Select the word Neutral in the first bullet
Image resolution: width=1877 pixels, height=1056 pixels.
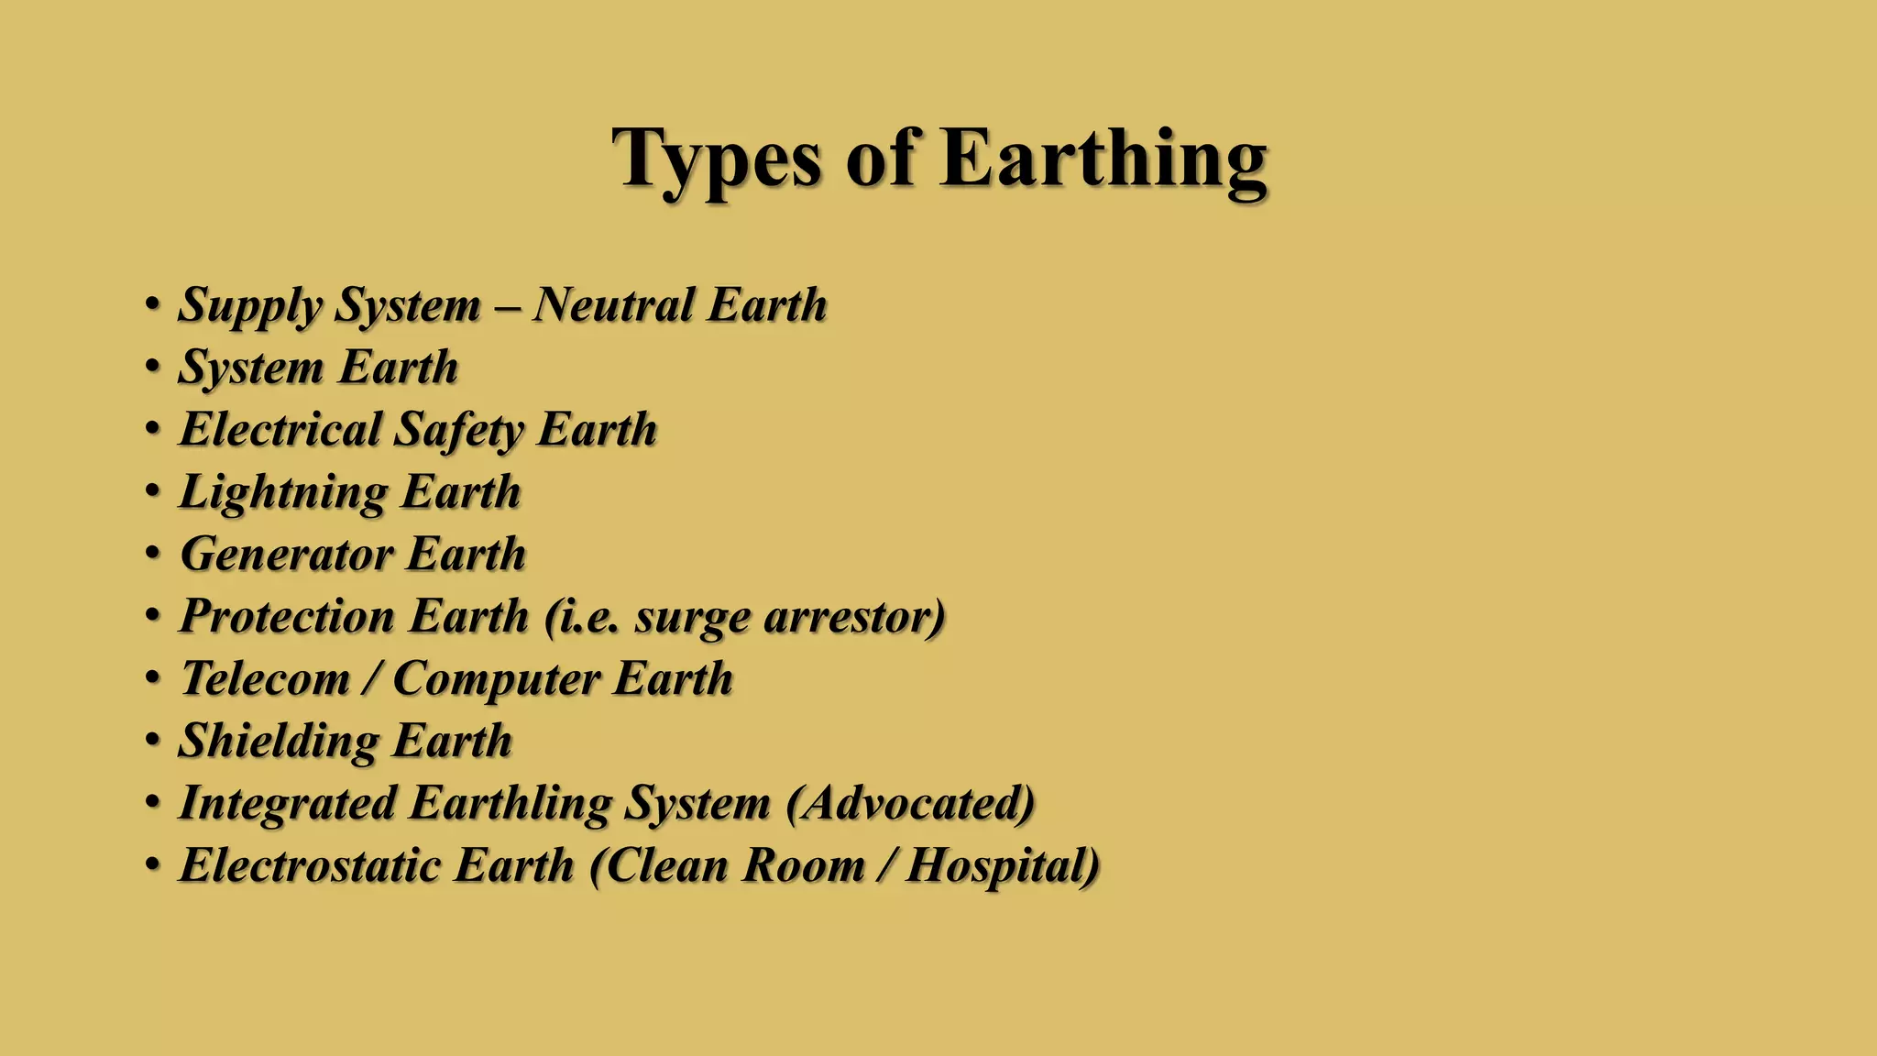pyautogui.click(x=614, y=304)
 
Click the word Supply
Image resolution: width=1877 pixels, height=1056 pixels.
pyautogui.click(x=249, y=306)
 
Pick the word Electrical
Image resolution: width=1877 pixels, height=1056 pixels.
pyautogui.click(x=280, y=429)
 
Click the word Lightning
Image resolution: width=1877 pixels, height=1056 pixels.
pyautogui.click(x=284, y=493)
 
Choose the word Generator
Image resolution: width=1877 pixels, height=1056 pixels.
pyautogui.click(x=287, y=554)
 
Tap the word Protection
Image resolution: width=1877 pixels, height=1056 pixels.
pyautogui.click(x=288, y=616)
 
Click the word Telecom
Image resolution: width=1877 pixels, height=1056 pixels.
pyautogui.click(x=266, y=678)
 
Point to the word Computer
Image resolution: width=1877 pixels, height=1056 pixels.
pyautogui.click(x=497, y=679)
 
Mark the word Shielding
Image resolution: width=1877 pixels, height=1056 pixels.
pyautogui.click(x=279, y=741)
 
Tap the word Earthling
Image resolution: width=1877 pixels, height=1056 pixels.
pyautogui.click(x=510, y=803)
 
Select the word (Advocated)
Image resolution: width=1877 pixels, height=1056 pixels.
pyautogui.click(x=911, y=803)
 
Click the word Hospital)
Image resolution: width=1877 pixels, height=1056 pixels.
pyautogui.click(x=1003, y=865)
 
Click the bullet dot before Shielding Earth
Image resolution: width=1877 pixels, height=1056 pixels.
pyautogui.click(x=153, y=739)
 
